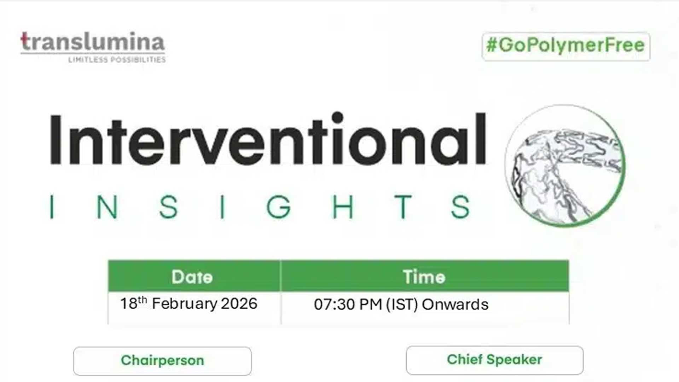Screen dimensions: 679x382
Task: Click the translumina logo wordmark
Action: [93, 42]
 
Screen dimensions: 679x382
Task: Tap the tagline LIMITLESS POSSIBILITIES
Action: [117, 60]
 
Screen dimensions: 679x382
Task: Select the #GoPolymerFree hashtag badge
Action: [566, 46]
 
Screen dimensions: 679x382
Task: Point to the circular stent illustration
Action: [565, 166]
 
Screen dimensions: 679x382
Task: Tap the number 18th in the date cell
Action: [134, 303]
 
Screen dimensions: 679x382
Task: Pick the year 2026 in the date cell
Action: [239, 303]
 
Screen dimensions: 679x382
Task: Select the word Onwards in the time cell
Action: [455, 305]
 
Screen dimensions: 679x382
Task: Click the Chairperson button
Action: [162, 361]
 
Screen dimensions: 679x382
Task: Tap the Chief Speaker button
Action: [494, 360]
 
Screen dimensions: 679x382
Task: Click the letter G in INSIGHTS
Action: [278, 207]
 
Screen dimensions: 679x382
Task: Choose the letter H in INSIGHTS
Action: [343, 207]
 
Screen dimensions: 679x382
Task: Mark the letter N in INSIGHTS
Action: [107, 207]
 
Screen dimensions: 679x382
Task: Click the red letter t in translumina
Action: [25, 41]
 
